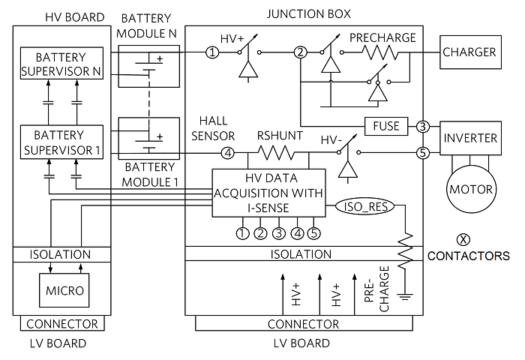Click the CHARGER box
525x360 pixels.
469,52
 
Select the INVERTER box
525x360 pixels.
469,139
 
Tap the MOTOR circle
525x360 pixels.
469,188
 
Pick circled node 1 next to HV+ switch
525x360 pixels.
213,52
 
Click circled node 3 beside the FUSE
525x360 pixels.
424,126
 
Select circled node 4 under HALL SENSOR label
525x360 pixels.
228,154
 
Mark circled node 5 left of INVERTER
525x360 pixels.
422,154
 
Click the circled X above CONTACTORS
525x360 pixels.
463,239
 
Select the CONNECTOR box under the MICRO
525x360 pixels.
61,324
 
